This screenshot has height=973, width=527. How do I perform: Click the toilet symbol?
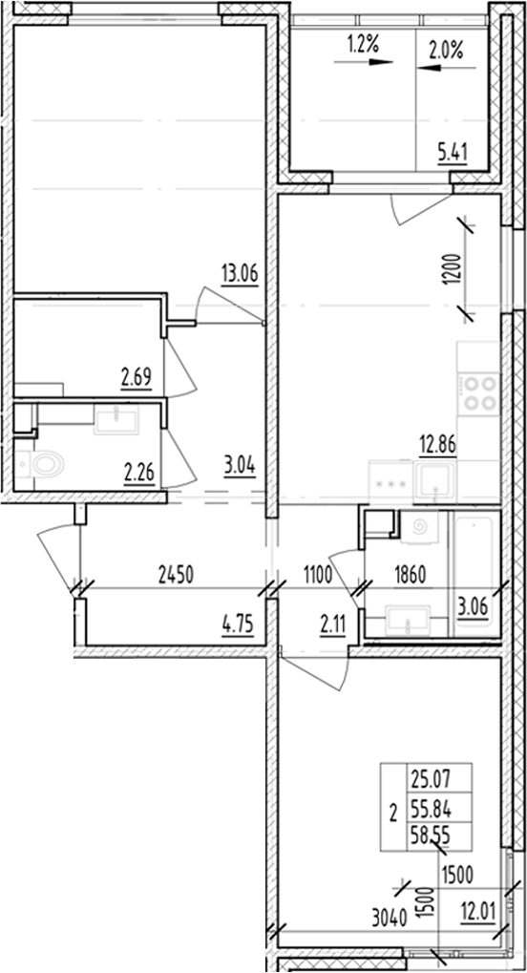point(41,465)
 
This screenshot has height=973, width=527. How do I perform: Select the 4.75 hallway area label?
point(238,627)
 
